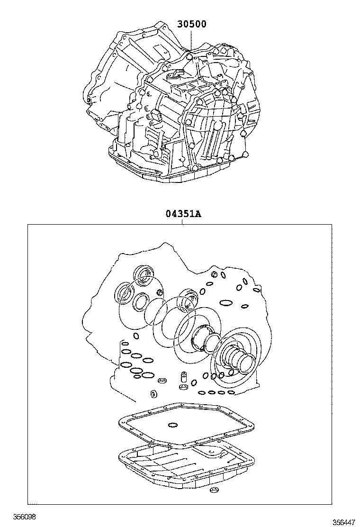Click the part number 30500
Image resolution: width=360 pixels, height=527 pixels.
(192, 24)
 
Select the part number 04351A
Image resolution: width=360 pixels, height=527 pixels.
(183, 214)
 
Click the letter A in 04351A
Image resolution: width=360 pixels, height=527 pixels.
(198, 214)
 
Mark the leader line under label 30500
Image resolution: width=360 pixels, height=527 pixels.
(190, 40)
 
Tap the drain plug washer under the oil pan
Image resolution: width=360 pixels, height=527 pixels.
(214, 491)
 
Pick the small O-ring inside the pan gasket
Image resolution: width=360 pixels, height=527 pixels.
(173, 424)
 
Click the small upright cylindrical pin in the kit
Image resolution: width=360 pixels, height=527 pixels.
(180, 378)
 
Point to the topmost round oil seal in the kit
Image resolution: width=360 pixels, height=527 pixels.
(144, 274)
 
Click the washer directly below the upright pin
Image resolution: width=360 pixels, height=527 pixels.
(181, 388)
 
